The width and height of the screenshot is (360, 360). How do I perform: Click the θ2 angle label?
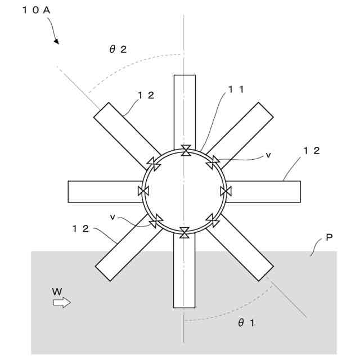(118, 49)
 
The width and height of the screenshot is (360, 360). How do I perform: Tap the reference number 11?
(235, 89)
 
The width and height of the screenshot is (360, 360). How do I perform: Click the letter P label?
(329, 238)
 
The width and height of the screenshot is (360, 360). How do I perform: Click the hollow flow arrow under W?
(62, 303)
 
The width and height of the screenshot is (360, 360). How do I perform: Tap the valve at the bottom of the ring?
(185, 231)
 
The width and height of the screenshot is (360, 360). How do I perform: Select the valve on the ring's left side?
(143, 191)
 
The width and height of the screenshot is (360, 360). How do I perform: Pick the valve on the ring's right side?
(226, 191)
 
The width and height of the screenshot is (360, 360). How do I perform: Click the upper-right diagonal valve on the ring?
(213, 163)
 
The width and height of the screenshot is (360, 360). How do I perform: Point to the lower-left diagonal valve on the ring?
(156, 220)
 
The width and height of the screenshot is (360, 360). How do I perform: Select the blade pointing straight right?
(264, 191)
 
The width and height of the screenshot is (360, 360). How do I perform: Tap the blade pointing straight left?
(104, 191)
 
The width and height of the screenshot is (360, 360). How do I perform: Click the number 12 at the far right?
(312, 150)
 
